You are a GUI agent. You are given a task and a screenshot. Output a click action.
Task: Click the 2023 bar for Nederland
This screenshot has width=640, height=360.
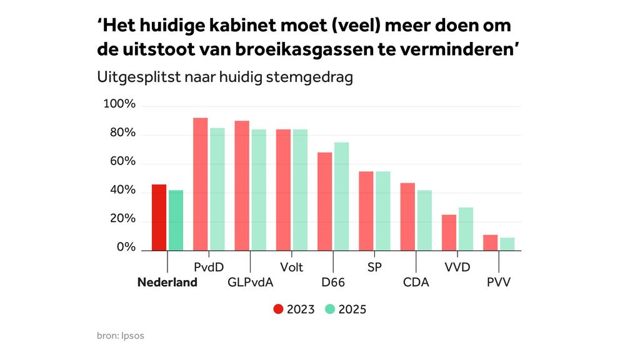click(159, 217)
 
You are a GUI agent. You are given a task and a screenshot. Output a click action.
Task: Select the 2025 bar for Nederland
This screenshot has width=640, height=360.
click(176, 220)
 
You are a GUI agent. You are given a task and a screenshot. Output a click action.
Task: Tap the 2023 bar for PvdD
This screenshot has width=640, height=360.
click(201, 184)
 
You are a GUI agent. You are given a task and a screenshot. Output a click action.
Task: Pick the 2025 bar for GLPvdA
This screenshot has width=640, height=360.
click(259, 189)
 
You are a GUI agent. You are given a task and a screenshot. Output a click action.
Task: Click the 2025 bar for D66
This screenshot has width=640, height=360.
click(342, 196)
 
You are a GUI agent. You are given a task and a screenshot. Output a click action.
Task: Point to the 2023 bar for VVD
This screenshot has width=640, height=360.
click(449, 232)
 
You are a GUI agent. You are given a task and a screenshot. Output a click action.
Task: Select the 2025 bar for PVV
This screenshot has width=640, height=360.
click(507, 244)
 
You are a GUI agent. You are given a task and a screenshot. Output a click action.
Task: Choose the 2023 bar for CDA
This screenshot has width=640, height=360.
click(408, 216)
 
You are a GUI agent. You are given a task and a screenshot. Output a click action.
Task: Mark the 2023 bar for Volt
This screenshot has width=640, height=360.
click(284, 189)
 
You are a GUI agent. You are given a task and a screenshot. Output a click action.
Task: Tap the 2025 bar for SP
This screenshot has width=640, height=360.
click(383, 211)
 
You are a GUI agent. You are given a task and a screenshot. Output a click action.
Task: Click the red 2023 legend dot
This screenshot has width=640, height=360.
click(279, 309)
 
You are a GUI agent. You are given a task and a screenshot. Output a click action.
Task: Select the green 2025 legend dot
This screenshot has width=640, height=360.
click(330, 309)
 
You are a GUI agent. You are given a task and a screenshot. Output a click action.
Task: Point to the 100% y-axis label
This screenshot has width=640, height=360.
click(119, 104)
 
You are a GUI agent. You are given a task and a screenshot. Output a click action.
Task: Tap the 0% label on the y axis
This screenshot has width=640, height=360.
click(126, 247)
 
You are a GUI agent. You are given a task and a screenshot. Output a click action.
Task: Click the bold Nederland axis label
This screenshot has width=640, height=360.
click(167, 282)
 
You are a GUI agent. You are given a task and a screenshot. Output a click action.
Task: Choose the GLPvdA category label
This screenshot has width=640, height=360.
click(250, 282)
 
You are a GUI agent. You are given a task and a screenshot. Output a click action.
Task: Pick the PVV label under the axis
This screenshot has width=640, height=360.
click(499, 282)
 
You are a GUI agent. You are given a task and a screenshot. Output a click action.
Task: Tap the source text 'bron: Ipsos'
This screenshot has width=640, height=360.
click(121, 336)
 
